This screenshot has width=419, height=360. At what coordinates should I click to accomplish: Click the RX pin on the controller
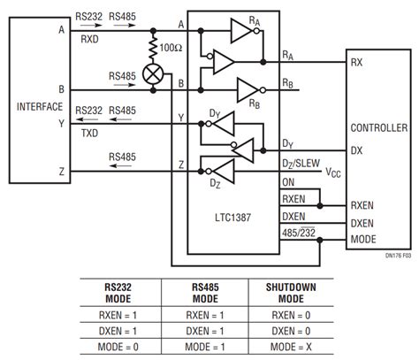(x=357, y=62)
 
